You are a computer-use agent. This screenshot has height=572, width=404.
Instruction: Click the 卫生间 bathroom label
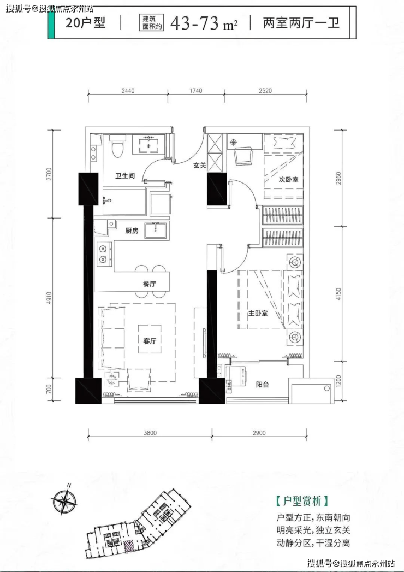tap(125, 176)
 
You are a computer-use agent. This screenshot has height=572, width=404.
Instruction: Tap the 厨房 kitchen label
tap(132, 231)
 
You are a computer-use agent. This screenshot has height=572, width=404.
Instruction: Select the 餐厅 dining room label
tap(150, 284)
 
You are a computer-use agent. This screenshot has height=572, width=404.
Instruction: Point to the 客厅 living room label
tap(150, 341)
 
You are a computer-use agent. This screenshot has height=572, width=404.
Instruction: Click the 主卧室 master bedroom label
tap(258, 313)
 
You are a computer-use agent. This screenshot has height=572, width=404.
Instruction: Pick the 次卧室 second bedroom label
tap(288, 180)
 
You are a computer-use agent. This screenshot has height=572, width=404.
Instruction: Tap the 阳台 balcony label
tap(262, 384)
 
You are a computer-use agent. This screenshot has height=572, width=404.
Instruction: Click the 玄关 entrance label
tap(199, 165)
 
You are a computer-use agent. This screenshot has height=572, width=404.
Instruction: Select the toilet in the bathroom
tap(118, 146)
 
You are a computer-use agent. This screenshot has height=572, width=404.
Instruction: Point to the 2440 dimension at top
tap(128, 91)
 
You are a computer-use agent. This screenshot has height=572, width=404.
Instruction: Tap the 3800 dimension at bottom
tap(150, 433)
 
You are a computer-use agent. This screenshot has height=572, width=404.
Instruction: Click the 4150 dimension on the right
tap(338, 294)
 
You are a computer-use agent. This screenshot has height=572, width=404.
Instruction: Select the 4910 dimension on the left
tap(49, 298)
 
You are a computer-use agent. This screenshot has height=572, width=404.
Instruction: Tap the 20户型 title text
tap(85, 22)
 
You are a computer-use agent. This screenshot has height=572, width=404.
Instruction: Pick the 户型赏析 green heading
tap(302, 501)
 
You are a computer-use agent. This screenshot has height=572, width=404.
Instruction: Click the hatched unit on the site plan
tap(128, 546)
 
